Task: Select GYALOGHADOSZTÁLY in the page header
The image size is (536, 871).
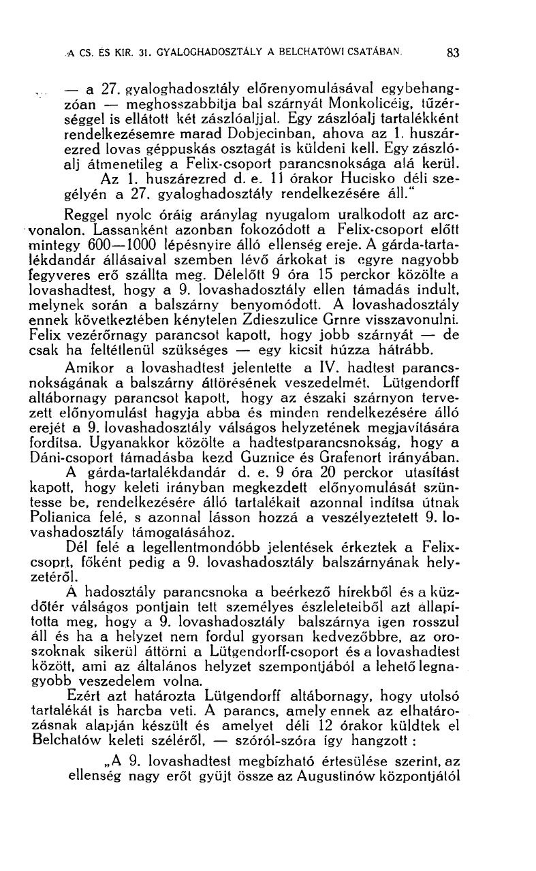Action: click(x=208, y=50)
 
